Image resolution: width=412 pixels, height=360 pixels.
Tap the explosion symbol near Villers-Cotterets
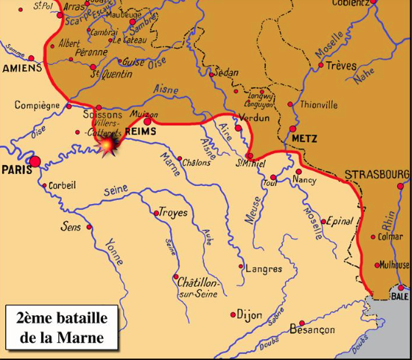[x=112, y=144]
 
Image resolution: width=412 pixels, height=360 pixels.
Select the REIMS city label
[x=141, y=131]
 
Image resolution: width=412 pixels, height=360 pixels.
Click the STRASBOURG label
[x=377, y=174]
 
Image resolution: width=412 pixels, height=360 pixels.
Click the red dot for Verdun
[x=238, y=128]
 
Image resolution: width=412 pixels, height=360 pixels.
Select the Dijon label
[x=249, y=314]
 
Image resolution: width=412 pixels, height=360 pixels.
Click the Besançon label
[x=308, y=329]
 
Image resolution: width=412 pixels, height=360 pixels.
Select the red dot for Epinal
[x=326, y=222]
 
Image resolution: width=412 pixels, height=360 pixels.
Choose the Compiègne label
[x=37, y=105]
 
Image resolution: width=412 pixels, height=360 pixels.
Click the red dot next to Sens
[x=89, y=227]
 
